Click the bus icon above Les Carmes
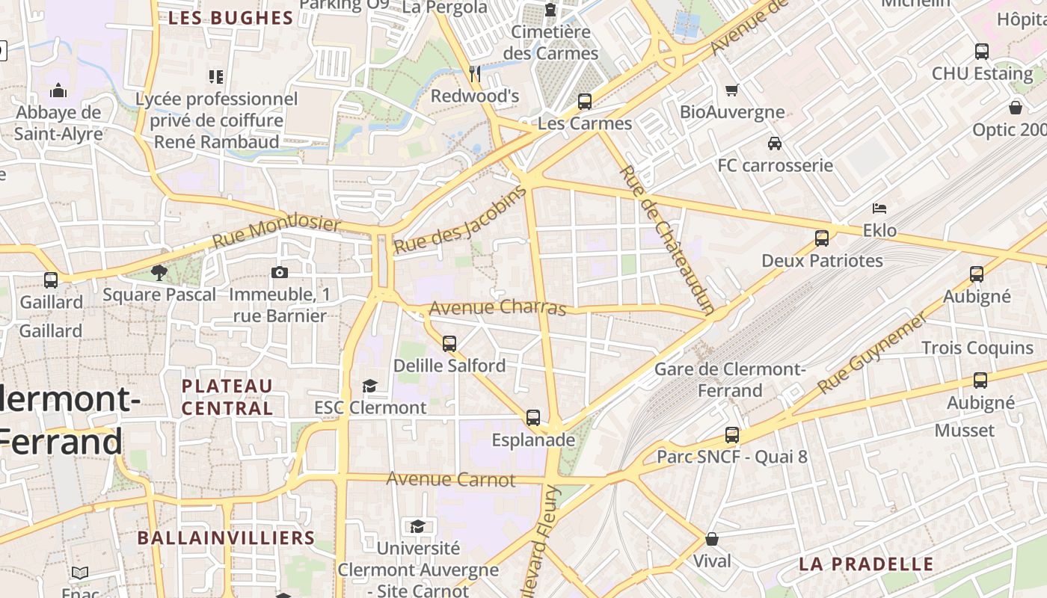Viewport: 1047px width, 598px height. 585,101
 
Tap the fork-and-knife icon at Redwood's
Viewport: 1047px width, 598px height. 475,73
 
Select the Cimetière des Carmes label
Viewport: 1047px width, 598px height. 551,43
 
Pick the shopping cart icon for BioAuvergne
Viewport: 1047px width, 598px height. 731,90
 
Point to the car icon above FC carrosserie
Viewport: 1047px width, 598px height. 775,143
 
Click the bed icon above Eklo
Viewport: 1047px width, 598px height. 879,208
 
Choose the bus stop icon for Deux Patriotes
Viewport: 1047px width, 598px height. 822,238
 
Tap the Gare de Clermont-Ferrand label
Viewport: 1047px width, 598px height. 729,380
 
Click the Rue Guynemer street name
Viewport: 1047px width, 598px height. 872,353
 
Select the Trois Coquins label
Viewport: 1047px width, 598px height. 977,348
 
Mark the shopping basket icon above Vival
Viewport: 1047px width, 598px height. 712,539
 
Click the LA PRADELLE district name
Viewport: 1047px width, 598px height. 866,564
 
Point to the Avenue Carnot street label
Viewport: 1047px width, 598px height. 451,479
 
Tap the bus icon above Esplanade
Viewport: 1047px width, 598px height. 533,418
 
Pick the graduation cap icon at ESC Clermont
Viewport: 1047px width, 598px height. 369,386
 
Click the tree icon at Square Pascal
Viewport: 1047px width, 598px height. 159,272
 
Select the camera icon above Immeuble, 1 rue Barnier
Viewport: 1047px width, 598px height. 280,272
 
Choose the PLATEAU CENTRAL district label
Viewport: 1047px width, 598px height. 227,397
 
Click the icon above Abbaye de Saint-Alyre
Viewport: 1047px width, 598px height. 58,91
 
